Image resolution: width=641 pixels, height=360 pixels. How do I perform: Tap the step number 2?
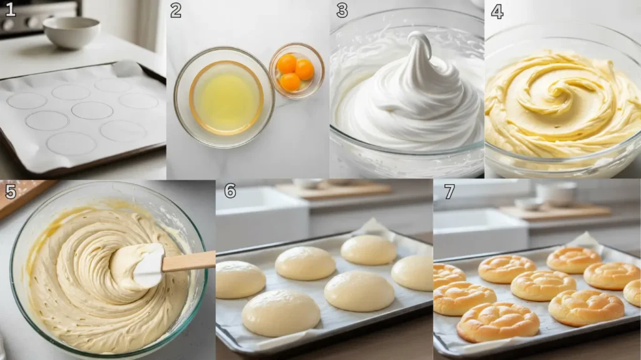pyautogui.click(x=176, y=10)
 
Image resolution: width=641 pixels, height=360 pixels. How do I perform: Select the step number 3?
pyautogui.click(x=342, y=10)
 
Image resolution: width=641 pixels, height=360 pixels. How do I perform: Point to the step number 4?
pyautogui.click(x=496, y=11)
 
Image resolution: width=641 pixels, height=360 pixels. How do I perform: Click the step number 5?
pyautogui.click(x=10, y=190)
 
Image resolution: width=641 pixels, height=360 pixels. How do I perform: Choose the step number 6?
pyautogui.click(x=230, y=191)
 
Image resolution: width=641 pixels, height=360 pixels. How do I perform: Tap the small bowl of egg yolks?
pyautogui.click(x=296, y=70)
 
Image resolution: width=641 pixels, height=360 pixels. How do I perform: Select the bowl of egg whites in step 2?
pyautogui.click(x=224, y=97)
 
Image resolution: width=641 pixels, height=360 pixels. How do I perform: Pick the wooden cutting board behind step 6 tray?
pyautogui.click(x=335, y=190)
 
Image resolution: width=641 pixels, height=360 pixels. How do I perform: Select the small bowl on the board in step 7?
pyautogui.click(x=556, y=193)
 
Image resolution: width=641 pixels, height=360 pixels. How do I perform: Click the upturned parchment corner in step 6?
pyautogui.click(x=373, y=227)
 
